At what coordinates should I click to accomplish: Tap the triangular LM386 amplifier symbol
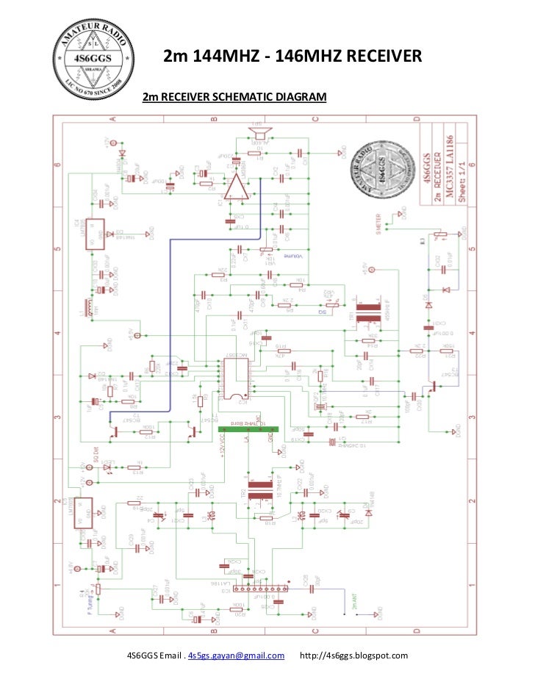click(236, 189)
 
